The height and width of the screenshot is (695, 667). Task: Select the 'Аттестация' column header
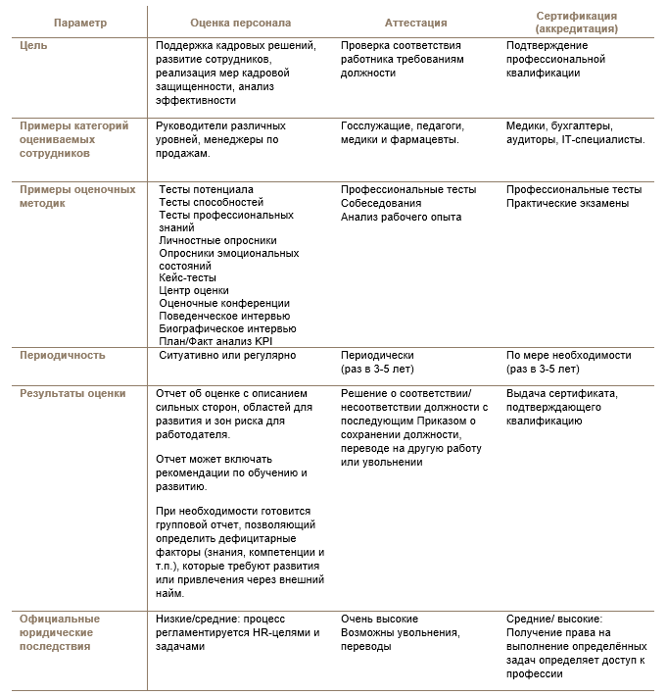coord(416,23)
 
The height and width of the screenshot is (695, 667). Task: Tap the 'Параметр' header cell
coord(80,23)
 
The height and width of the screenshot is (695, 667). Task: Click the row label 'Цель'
coord(34,46)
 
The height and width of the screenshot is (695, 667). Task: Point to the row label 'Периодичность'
coord(63,356)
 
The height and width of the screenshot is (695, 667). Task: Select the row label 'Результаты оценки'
coord(73,394)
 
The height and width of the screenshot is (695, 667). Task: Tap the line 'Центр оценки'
coord(194,290)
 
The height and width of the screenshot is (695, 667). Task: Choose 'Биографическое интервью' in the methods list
coord(227,328)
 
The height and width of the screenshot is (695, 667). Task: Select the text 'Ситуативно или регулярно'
coord(227,356)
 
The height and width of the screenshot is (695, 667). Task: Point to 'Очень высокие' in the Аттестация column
coord(379,620)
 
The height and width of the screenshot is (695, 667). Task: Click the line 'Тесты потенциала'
coord(206,189)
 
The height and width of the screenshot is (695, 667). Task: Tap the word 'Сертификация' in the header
coord(577,17)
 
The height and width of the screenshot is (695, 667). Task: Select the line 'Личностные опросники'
coord(217,240)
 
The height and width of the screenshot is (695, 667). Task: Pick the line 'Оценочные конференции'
coord(224,303)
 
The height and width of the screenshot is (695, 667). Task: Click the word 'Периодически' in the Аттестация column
coord(377,356)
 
